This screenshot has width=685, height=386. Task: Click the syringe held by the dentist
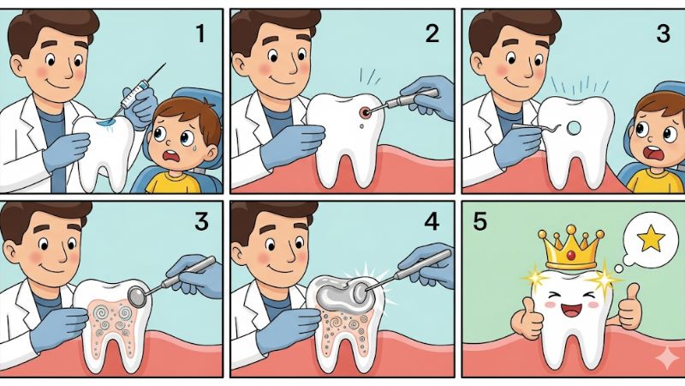(x=139, y=91)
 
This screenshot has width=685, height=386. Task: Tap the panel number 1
(x=200, y=33)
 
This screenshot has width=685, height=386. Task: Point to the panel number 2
(x=432, y=33)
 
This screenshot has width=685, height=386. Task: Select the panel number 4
(x=432, y=221)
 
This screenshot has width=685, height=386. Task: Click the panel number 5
(x=479, y=221)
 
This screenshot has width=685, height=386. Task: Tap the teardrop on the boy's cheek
(x=195, y=147)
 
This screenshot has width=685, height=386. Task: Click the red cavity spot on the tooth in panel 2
(x=364, y=113)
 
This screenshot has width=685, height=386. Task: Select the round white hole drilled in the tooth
(x=574, y=128)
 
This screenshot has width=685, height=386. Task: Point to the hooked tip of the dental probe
(x=558, y=128)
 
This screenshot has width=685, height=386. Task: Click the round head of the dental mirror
(x=138, y=297)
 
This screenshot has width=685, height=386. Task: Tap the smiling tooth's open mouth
(x=569, y=311)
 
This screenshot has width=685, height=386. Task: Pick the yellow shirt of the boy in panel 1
(x=174, y=183)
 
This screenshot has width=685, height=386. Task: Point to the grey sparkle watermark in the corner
(x=667, y=359)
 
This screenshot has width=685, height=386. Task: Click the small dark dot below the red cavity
(x=361, y=126)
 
